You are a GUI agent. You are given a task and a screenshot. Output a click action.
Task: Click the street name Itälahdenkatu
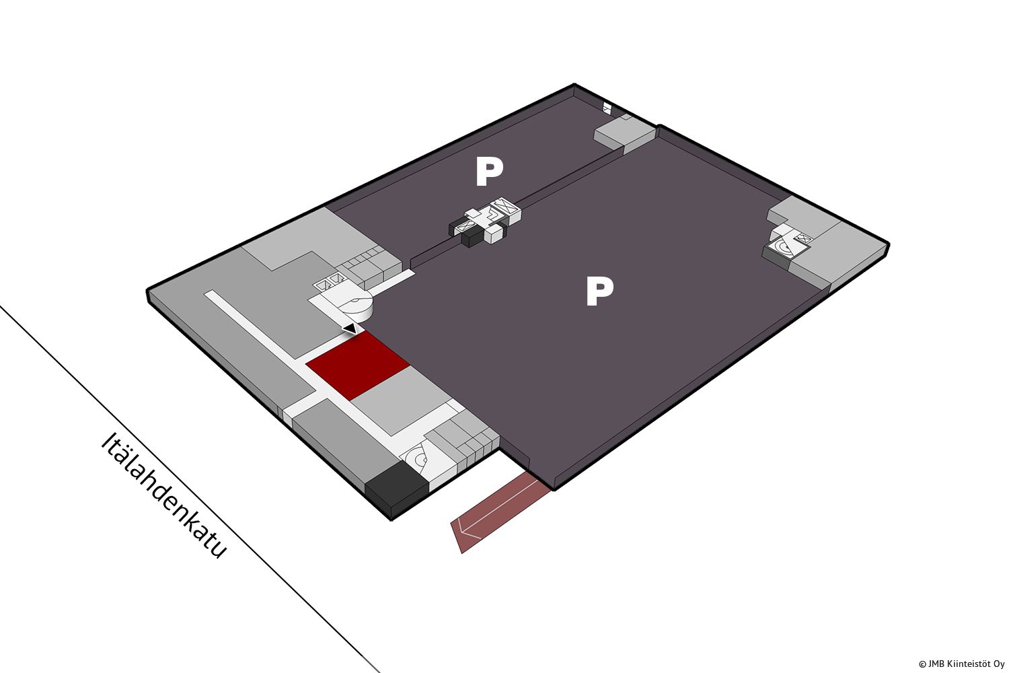[x=163, y=496]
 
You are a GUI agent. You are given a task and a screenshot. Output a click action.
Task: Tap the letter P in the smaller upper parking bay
[x=489, y=172]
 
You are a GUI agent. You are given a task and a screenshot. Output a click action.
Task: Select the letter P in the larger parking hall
[x=599, y=291]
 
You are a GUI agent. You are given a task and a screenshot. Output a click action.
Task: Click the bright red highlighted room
[x=358, y=365]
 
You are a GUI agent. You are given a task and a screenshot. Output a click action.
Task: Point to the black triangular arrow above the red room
[x=350, y=328]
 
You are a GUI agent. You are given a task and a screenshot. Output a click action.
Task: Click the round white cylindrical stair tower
[x=355, y=306]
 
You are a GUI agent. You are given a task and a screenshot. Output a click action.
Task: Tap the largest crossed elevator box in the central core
[x=504, y=208]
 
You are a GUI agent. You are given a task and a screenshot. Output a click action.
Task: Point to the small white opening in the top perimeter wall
[x=607, y=107]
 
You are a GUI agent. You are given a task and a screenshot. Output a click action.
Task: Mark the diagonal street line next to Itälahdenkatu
[x=189, y=489]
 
